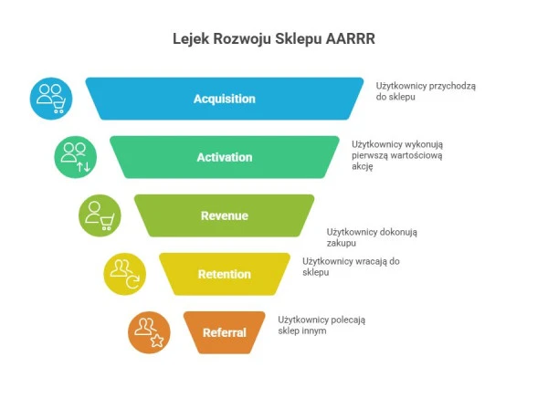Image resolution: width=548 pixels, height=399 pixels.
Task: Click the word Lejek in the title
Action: tap(190, 39)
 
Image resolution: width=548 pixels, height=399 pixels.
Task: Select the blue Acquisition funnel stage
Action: tap(224, 99)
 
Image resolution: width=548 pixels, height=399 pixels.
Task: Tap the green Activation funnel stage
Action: tap(224, 157)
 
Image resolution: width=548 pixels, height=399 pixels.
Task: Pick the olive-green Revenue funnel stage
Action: tap(224, 215)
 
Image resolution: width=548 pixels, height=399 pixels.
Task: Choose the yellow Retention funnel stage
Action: tap(224, 274)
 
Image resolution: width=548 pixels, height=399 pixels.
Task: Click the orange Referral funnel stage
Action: tap(224, 332)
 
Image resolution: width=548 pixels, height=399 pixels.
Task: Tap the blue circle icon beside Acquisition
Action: tap(50, 98)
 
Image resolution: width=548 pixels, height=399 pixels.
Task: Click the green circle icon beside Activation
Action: tap(74, 156)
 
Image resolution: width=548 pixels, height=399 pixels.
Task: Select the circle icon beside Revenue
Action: tap(99, 215)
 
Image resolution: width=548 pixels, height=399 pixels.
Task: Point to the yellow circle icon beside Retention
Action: tap(124, 274)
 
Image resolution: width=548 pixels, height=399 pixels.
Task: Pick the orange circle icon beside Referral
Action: tap(149, 332)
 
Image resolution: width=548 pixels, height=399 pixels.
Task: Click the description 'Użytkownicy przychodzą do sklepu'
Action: tap(419, 90)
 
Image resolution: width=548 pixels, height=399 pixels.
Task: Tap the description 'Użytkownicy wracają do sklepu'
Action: tap(351, 267)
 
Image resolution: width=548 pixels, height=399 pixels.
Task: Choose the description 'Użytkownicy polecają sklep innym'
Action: tap(323, 325)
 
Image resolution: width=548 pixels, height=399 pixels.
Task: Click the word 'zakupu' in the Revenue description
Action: tap(342, 244)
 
